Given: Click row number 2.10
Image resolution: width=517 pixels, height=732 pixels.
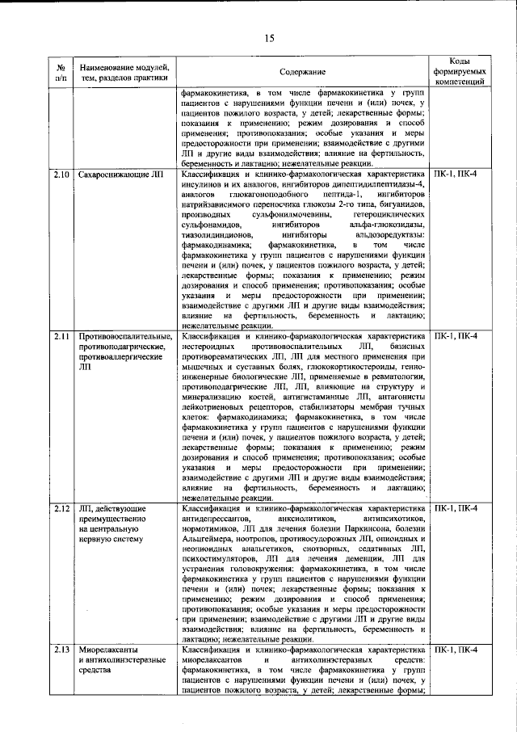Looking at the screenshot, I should click(61, 175).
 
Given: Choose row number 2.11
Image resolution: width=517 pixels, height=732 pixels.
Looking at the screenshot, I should click(61, 336).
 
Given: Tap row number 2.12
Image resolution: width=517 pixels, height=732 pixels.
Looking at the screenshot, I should click(61, 508).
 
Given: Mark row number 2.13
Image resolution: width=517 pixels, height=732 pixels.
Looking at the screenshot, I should click(61, 650).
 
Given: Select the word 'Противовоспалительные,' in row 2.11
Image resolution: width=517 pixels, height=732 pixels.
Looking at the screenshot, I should click(125, 336).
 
